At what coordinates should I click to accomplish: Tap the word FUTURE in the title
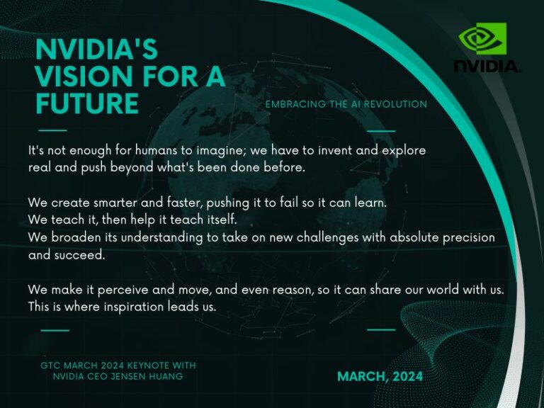coord(87,103)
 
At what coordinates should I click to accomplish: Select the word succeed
coord(79,255)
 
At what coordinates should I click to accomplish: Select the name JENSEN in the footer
coord(145,376)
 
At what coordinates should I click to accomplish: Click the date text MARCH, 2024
coord(380,376)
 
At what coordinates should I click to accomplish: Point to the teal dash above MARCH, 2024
coord(381,329)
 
